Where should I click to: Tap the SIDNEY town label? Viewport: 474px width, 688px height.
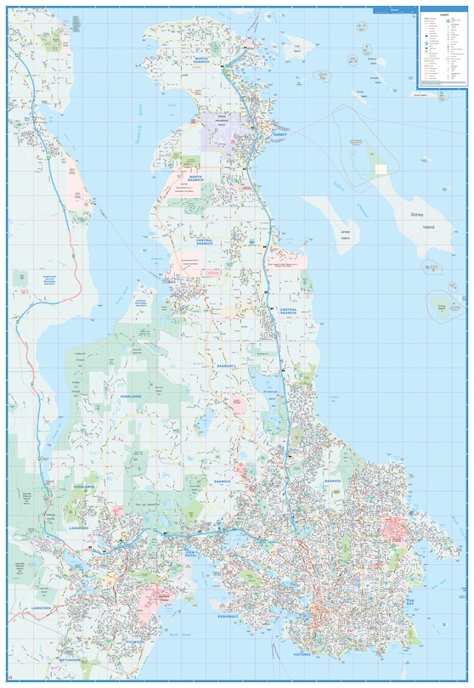tap(280, 134)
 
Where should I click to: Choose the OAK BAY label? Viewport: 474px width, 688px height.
tap(409, 601)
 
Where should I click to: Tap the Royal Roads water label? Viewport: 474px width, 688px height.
tap(175, 634)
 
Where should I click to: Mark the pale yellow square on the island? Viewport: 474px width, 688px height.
tap(381, 169)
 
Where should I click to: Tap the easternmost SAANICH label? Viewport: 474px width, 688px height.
tap(331, 481)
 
